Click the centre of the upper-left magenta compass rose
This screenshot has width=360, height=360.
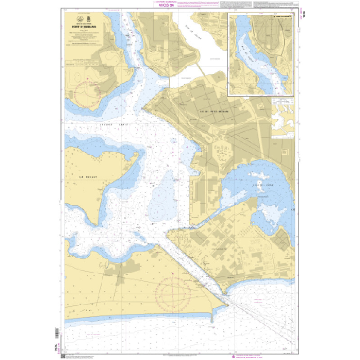click(x=87, y=93)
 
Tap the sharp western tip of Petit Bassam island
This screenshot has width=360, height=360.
click(x=143, y=109)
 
